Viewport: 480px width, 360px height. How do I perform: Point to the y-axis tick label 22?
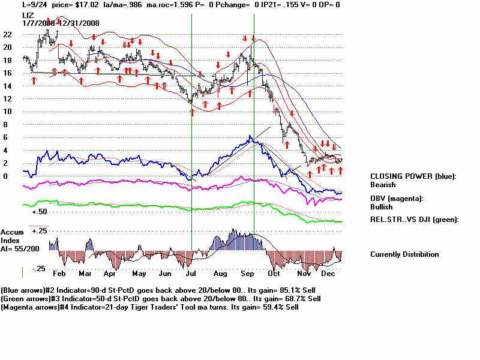[x=7, y=34]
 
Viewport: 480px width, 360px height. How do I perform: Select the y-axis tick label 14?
[x=7, y=86]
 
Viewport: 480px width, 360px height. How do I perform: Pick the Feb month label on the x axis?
[x=58, y=273]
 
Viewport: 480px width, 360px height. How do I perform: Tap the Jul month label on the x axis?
[x=191, y=273]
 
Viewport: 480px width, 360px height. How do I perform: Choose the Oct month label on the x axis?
[x=274, y=273]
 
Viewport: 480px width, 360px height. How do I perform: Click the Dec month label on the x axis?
[x=328, y=273]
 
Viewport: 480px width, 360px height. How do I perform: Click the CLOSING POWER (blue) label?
[x=413, y=176]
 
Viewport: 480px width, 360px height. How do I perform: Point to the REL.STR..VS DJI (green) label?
[x=414, y=220]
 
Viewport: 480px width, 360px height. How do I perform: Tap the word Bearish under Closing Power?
[x=383, y=185]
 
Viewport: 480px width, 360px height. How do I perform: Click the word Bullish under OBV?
[x=382, y=207]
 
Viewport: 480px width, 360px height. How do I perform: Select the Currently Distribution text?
[x=404, y=254]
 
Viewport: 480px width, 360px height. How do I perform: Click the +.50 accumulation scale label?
[x=40, y=212]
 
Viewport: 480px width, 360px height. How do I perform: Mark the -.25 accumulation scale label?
[x=40, y=268]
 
